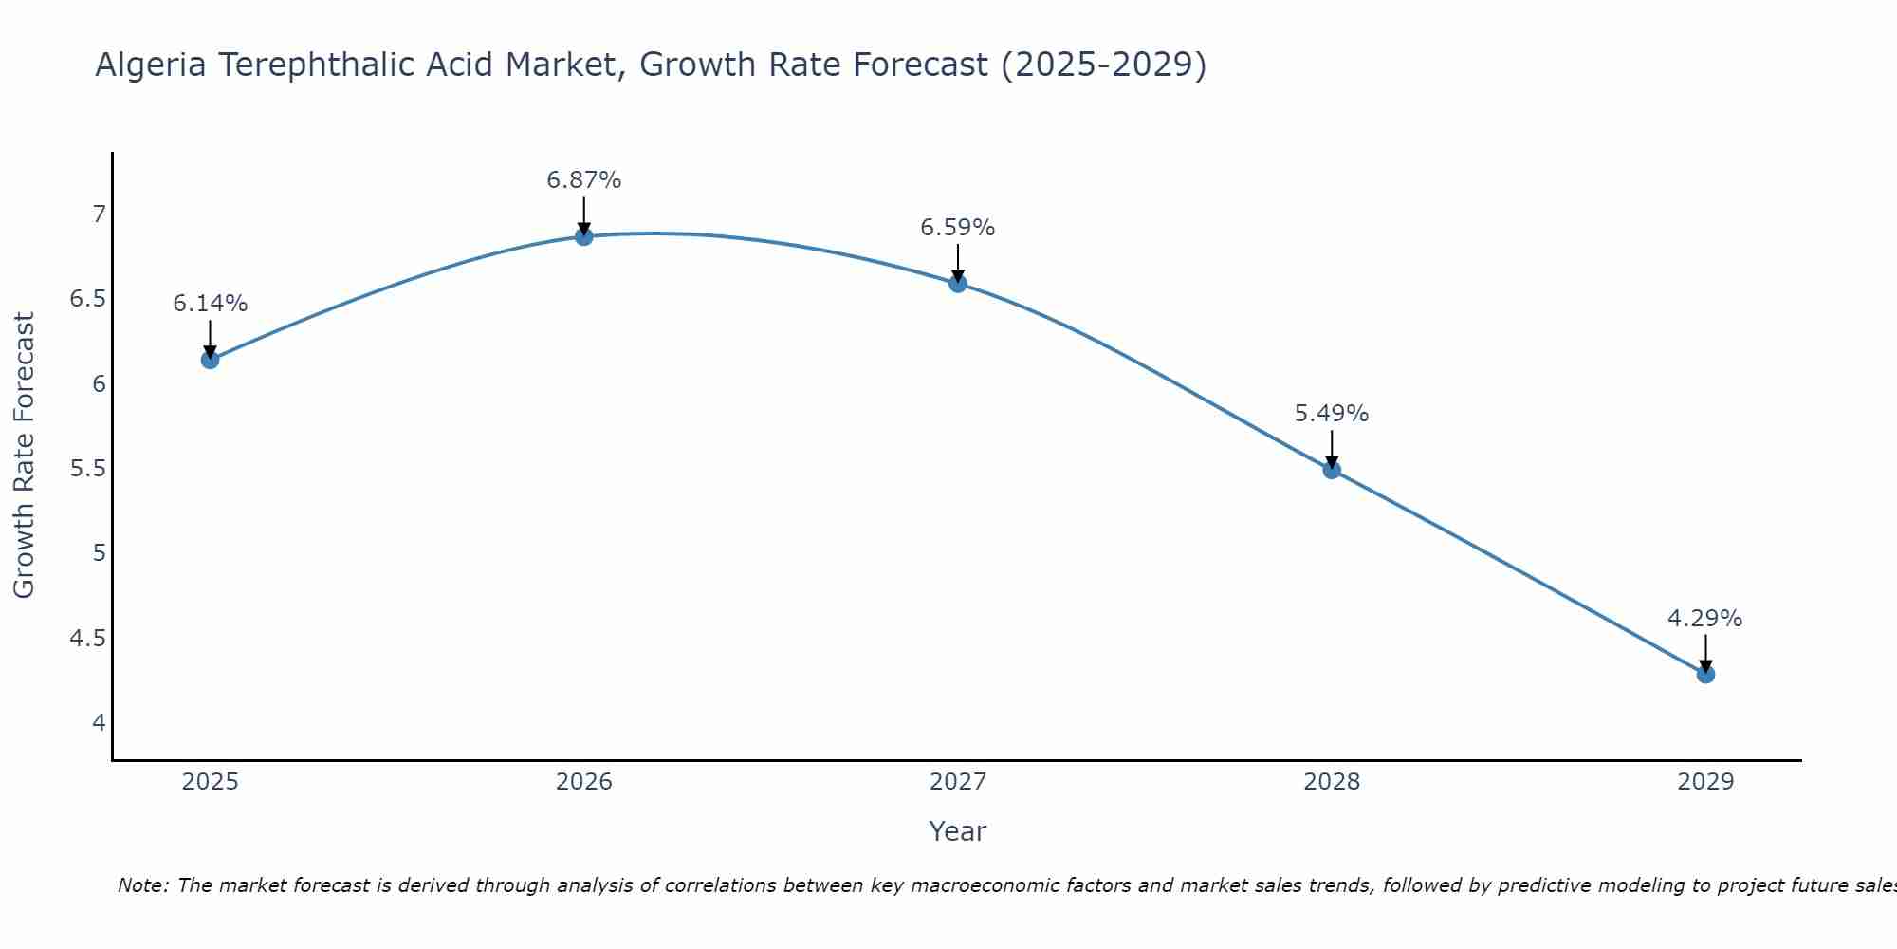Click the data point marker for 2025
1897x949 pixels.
click(x=211, y=360)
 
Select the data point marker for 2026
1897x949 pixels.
click(x=584, y=236)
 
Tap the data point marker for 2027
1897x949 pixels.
click(x=958, y=283)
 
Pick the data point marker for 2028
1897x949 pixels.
click(x=1332, y=470)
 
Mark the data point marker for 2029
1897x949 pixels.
click(x=1705, y=675)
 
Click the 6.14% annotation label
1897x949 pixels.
click(x=211, y=304)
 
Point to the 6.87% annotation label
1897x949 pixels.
click(x=584, y=180)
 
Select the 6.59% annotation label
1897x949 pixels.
click(x=958, y=228)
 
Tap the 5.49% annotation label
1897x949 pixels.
click(x=1332, y=414)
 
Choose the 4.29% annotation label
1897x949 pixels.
click(x=1705, y=619)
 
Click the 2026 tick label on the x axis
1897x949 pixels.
click(x=584, y=782)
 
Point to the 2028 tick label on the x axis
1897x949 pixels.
click(x=1332, y=782)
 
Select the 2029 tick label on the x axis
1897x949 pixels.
click(x=1705, y=782)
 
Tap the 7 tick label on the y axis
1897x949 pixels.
click(x=99, y=214)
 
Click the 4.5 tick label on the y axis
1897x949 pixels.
click(x=87, y=638)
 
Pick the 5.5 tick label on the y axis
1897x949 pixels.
click(x=87, y=469)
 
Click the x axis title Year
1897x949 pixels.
click(x=958, y=831)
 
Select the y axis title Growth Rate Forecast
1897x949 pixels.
click(x=24, y=456)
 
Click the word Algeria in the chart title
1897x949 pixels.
click(x=151, y=65)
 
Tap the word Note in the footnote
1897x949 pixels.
click(x=142, y=885)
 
